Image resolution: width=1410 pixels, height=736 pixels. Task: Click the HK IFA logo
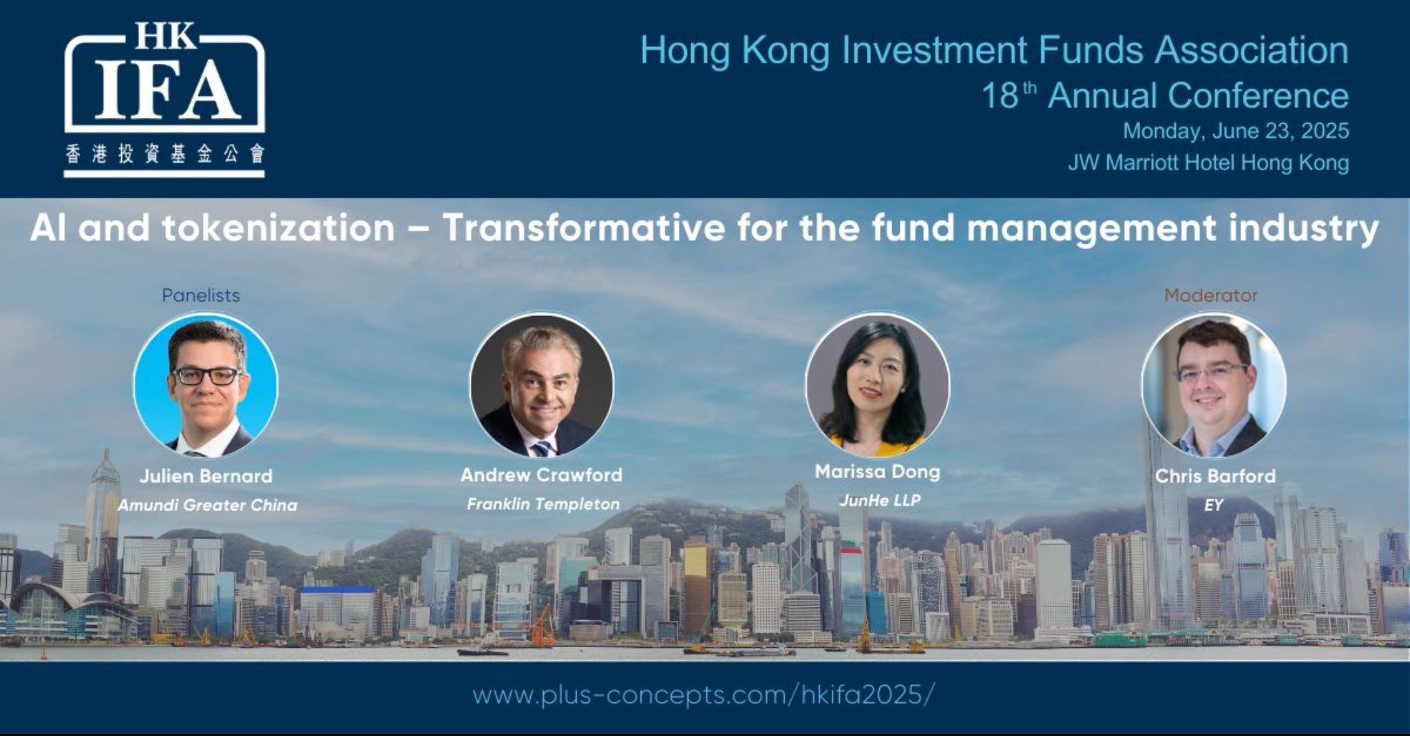click(165, 99)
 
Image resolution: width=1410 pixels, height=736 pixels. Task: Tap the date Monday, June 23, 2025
click(1236, 131)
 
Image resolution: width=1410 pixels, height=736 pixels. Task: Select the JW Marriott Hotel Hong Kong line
click(1208, 162)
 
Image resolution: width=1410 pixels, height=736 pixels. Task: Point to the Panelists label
click(201, 295)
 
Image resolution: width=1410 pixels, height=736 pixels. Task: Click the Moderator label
click(1211, 295)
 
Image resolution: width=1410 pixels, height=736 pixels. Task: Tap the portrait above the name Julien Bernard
click(206, 385)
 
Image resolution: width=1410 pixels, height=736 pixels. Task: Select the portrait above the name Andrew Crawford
click(542, 385)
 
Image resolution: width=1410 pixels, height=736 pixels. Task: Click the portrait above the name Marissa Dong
click(878, 385)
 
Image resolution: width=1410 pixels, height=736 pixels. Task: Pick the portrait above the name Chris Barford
click(1214, 385)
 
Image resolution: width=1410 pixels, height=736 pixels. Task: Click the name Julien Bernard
click(206, 476)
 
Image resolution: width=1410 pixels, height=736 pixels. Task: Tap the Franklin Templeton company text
click(543, 504)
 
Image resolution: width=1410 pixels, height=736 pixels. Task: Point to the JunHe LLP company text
click(879, 501)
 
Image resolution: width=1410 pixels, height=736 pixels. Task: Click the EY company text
click(1213, 505)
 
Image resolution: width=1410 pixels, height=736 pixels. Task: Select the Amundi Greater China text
click(207, 505)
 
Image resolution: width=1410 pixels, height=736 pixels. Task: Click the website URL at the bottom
click(704, 695)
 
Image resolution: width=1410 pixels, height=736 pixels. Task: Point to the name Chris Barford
click(1215, 476)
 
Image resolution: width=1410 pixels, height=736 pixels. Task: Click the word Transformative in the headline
click(584, 228)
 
